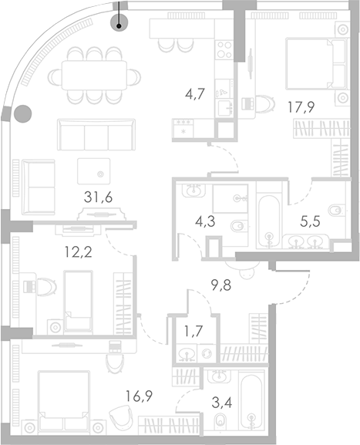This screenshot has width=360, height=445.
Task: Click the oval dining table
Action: click(x=96, y=75)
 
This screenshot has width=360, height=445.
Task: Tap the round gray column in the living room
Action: click(x=23, y=114)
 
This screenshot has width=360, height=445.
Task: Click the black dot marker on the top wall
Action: click(x=119, y=25)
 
